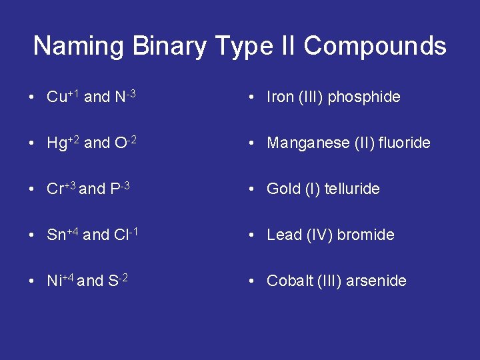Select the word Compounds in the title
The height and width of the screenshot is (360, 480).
point(375,46)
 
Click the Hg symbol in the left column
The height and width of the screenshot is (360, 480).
point(55,143)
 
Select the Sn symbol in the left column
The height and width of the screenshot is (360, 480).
point(55,235)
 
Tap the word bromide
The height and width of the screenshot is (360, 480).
point(365,235)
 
